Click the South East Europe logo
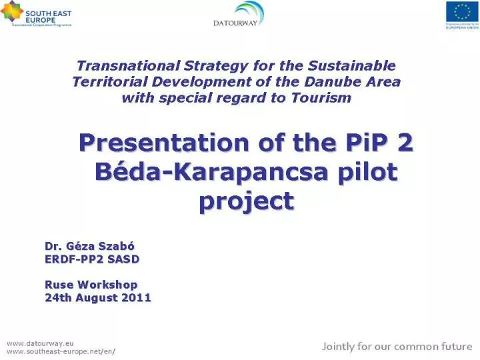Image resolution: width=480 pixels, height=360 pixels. pyautogui.click(x=36, y=13)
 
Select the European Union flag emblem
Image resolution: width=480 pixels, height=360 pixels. pyautogui.click(x=461, y=11)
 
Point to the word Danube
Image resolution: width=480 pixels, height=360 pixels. pyautogui.click(x=323, y=82)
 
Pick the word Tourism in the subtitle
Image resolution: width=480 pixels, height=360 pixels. pyautogui.click(x=321, y=98)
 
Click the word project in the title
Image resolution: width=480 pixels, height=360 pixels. pyautogui.click(x=246, y=200)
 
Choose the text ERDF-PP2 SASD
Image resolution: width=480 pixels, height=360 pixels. pyautogui.click(x=92, y=259)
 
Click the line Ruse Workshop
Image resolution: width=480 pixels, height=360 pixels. pyautogui.click(x=91, y=285)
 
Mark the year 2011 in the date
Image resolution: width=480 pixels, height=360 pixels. pyautogui.click(x=136, y=297)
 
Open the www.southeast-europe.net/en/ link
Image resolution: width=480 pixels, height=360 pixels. pyautogui.click(x=61, y=351)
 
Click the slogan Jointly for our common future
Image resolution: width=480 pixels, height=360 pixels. pyautogui.click(x=397, y=346)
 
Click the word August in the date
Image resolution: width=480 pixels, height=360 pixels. pyautogui.click(x=97, y=297)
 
